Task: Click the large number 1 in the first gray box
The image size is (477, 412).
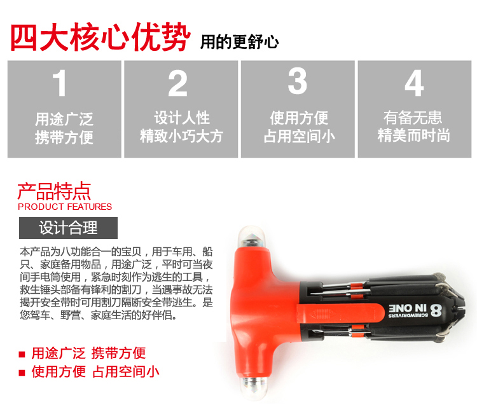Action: (60, 83)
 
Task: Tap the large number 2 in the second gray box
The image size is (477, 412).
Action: (177, 83)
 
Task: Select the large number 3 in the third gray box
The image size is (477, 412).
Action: (298, 81)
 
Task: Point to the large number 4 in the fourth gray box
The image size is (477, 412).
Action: (414, 83)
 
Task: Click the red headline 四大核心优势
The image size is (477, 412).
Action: (100, 37)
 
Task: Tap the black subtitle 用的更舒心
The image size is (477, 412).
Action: (239, 42)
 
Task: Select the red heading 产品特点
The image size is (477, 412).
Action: (54, 191)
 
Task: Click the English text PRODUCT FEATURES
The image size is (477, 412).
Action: (65, 207)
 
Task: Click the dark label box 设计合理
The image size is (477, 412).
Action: (68, 228)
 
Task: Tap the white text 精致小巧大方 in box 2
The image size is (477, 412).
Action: (182, 136)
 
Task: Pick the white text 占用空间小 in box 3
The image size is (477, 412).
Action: (300, 136)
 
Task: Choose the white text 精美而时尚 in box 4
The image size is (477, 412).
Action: (414, 135)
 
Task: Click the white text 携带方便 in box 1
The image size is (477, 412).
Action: (64, 137)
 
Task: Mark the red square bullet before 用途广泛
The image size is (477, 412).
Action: (22, 354)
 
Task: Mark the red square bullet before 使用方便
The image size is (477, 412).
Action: (22, 373)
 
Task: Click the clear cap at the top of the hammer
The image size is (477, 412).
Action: (251, 237)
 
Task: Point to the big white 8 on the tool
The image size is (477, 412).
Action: (436, 310)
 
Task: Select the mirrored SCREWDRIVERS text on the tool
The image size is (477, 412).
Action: (408, 315)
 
